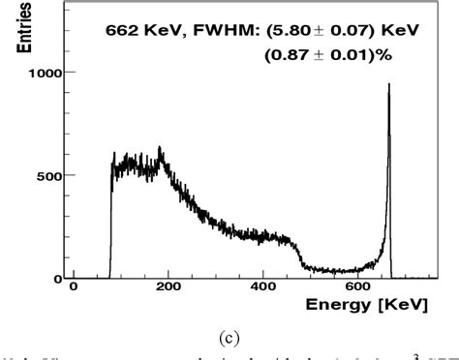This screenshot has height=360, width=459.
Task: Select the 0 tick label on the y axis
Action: click(x=60, y=279)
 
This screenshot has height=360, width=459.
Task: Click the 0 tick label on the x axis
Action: click(x=74, y=288)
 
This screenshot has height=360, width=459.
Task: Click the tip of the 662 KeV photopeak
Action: click(x=388, y=85)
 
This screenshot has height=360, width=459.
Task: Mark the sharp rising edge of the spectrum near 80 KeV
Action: click(x=111, y=223)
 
